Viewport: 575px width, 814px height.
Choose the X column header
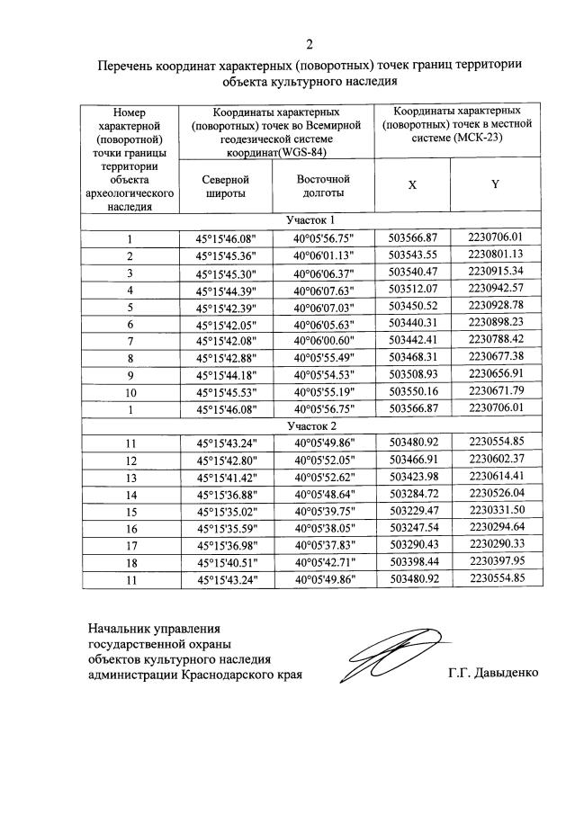[x=412, y=183]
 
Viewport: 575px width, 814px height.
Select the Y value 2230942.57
[x=495, y=289]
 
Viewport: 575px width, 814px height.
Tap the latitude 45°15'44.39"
[x=226, y=290]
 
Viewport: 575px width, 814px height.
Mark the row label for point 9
[x=130, y=375]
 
